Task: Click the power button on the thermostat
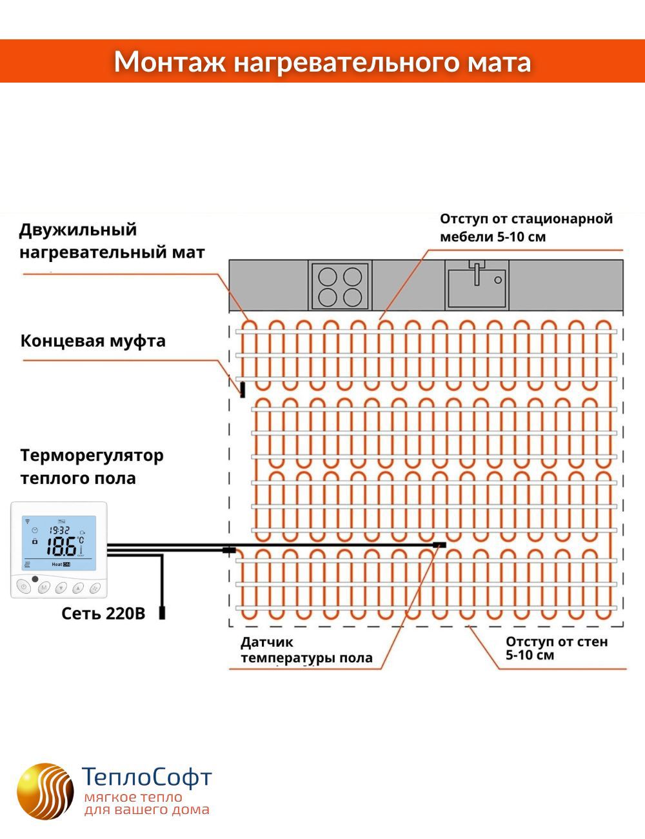click(x=23, y=587)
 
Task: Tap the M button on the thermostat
click(x=43, y=588)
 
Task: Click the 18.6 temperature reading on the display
click(x=61, y=547)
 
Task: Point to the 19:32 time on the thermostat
click(x=59, y=530)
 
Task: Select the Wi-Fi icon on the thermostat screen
click(x=27, y=520)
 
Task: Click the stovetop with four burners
click(x=339, y=286)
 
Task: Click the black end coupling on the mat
click(x=243, y=389)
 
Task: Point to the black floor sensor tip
click(x=441, y=545)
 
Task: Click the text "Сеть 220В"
click(x=103, y=613)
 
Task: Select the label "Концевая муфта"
click(x=93, y=341)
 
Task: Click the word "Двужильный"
click(x=78, y=230)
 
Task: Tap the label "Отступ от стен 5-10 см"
click(x=557, y=648)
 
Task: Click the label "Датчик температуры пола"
click(x=306, y=650)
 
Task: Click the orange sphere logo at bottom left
click(x=45, y=791)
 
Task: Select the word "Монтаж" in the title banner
click(x=170, y=62)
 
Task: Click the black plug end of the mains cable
click(x=162, y=612)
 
